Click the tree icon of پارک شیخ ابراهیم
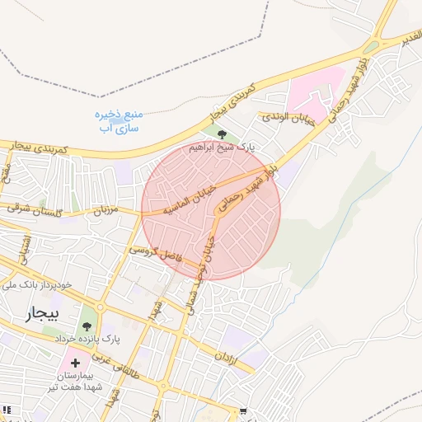click(x=221, y=135)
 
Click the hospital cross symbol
click(x=76, y=363)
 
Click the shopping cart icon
click(x=242, y=411)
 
